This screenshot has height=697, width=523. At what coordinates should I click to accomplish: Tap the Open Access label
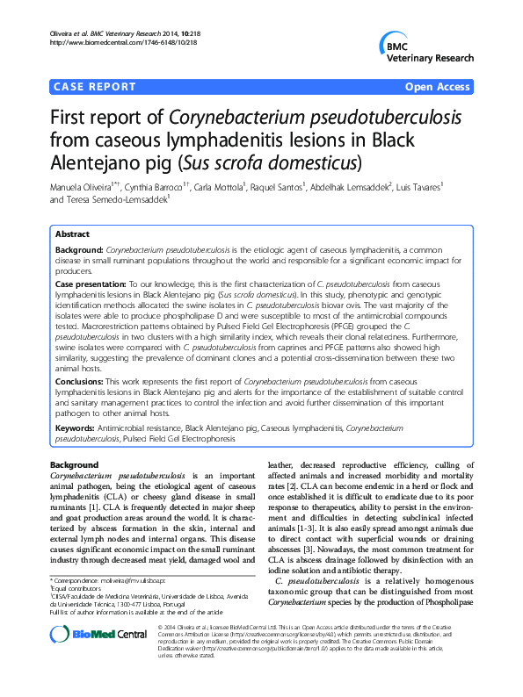(437, 87)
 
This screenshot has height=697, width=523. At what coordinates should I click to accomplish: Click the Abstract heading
(72, 235)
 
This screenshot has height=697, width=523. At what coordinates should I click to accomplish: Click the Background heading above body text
(74, 464)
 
